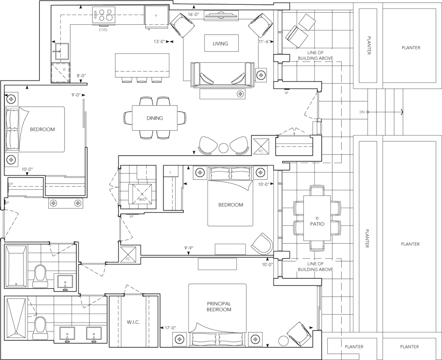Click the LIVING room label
(x=221, y=44)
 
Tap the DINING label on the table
(x=155, y=118)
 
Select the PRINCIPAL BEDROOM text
(x=219, y=307)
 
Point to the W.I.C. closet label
(x=133, y=322)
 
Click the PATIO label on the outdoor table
(x=317, y=224)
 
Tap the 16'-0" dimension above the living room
(x=194, y=15)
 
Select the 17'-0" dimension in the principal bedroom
(x=170, y=328)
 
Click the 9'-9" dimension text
(x=189, y=248)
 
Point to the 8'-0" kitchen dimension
(x=81, y=75)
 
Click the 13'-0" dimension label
(x=160, y=41)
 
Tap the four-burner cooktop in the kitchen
(x=104, y=15)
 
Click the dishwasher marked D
(x=60, y=72)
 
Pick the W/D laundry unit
(x=140, y=195)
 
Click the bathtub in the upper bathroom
(x=16, y=266)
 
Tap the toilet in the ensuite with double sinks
(x=39, y=328)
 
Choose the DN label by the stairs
(x=362, y=112)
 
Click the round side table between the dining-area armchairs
(x=223, y=148)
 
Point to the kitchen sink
(x=62, y=52)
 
